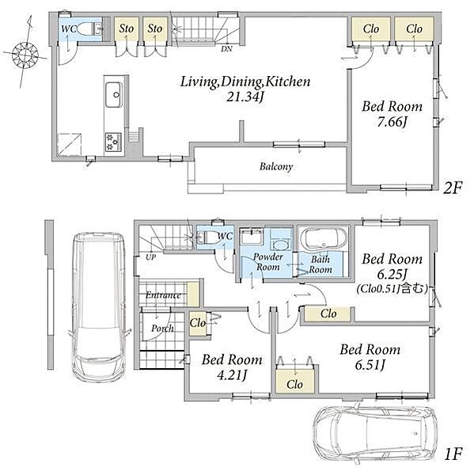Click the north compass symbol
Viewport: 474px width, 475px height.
coord(25,55)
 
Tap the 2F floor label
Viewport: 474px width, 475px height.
coord(453,188)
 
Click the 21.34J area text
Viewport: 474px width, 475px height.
coord(245,97)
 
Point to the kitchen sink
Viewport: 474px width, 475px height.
coord(114,94)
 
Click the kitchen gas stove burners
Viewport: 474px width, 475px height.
coord(114,142)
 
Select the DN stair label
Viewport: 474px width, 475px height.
coord(226,49)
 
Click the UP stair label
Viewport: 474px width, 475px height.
coord(150,257)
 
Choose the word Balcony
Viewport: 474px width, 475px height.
coord(276,166)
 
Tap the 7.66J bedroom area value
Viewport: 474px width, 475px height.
coord(392,122)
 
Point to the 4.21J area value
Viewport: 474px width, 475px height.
coord(232,375)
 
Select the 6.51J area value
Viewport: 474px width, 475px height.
coord(370,365)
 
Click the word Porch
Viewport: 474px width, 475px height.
coord(163,329)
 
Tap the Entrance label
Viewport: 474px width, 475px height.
coord(163,294)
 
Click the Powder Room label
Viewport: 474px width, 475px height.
coord(268,262)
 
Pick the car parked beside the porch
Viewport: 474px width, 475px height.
coord(100,307)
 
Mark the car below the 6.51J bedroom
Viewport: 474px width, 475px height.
coord(375,434)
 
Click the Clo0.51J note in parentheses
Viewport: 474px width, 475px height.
coord(392,289)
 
